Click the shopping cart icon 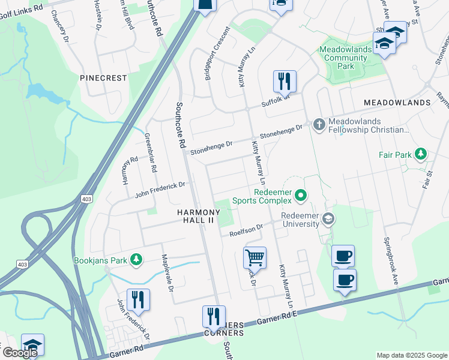pyautogui.click(x=255, y=258)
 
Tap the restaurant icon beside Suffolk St pyautogui.click(x=285, y=81)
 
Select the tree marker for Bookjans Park pyautogui.click(x=137, y=260)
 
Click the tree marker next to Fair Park pyautogui.click(x=421, y=155)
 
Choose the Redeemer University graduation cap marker pyautogui.click(x=328, y=219)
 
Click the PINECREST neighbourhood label pyautogui.click(x=104, y=78)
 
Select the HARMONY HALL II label pyautogui.click(x=195, y=217)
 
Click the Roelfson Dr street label pyautogui.click(x=247, y=230)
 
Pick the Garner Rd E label pyautogui.click(x=280, y=320)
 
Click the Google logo pyautogui.click(x=19, y=353)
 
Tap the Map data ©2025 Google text pyautogui.click(x=411, y=355)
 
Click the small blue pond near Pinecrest pyautogui.click(x=40, y=92)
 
